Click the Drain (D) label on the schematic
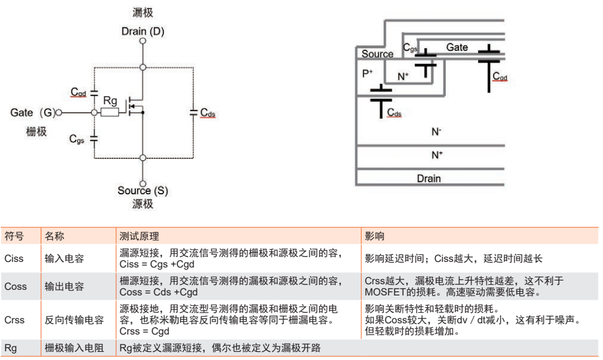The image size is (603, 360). [x=143, y=31]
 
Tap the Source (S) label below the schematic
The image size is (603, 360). [x=143, y=191]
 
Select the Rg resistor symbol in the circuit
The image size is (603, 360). [x=110, y=112]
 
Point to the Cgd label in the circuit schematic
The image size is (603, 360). [x=78, y=92]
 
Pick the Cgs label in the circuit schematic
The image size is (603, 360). [x=77, y=138]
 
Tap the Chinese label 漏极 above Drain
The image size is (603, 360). [x=143, y=13]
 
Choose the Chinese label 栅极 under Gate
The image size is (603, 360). [x=36, y=132]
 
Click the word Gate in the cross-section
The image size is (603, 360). [x=457, y=47]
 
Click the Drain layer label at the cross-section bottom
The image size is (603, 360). [x=428, y=179]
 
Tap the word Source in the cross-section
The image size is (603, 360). [x=378, y=54]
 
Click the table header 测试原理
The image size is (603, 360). [x=139, y=236]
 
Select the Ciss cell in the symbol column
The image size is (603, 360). [x=14, y=258]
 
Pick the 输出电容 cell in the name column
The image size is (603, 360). [x=64, y=287]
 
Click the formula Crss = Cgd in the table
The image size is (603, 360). [x=144, y=331]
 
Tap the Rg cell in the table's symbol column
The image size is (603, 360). [x=11, y=348]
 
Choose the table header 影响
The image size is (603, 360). [x=374, y=236]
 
